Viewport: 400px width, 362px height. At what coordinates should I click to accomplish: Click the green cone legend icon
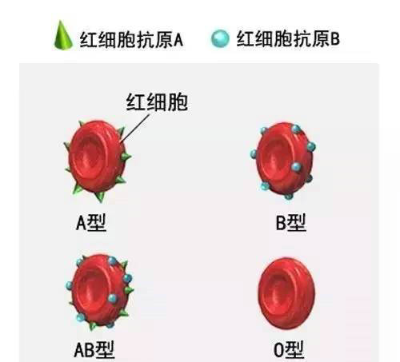[63, 36]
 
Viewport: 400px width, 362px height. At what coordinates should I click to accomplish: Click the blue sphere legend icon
[220, 38]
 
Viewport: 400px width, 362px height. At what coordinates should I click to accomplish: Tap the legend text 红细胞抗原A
[131, 40]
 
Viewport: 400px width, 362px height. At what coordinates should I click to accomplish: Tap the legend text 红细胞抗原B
[288, 38]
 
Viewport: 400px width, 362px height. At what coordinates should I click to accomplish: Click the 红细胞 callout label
[157, 101]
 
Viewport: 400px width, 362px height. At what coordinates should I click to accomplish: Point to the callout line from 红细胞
[134, 129]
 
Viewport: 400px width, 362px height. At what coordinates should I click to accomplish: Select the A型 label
[91, 223]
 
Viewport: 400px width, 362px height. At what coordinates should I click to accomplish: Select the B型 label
[290, 222]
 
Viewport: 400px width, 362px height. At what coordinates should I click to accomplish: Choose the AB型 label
[94, 349]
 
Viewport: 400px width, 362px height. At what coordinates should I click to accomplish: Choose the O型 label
[289, 349]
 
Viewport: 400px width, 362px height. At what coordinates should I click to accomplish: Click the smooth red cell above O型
[286, 293]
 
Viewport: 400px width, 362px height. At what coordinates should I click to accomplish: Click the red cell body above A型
[97, 157]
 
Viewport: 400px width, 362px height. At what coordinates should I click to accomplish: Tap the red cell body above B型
[284, 158]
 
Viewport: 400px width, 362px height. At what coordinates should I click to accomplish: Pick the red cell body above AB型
[100, 289]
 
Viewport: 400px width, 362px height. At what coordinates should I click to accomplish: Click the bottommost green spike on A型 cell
[100, 197]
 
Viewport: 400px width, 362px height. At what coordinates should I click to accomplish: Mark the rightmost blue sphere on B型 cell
[311, 146]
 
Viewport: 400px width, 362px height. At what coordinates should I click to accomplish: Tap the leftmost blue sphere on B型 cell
[254, 154]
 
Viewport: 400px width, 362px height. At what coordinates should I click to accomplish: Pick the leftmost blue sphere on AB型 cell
[70, 285]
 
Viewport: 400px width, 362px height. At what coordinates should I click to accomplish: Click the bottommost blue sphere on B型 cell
[289, 197]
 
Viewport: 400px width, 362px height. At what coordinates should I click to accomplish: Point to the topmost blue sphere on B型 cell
[296, 129]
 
